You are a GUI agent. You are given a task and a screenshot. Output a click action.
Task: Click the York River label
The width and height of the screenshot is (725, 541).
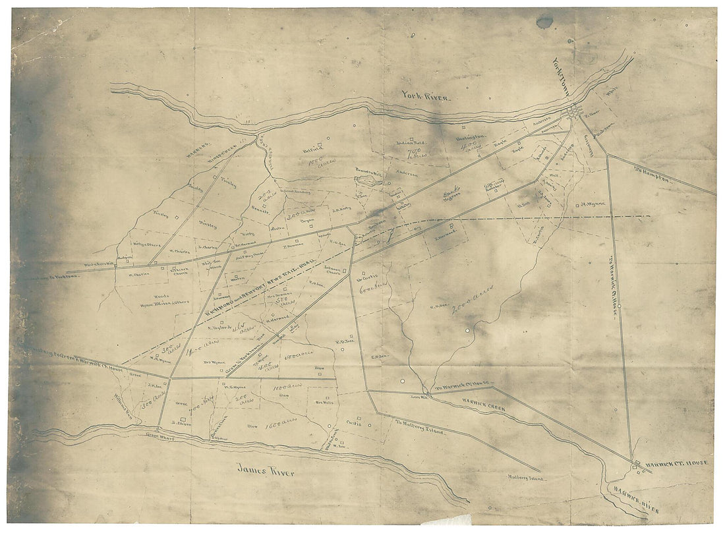point(426,97)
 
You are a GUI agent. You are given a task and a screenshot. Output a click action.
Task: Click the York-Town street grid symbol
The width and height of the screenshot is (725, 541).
point(576,113)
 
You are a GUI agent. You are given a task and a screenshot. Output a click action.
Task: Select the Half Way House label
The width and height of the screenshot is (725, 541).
point(248,254)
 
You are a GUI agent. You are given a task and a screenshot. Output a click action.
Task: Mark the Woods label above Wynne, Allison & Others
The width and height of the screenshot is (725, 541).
point(161,297)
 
